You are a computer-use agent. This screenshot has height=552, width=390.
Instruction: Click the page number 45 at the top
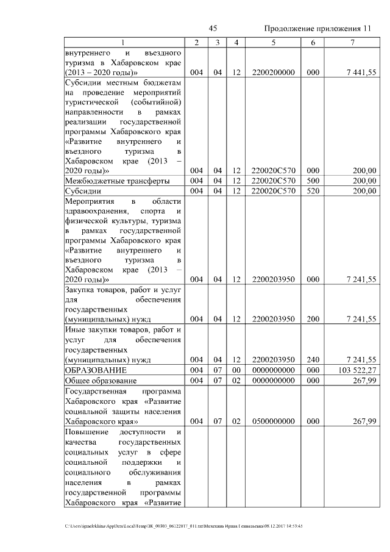point(213,29)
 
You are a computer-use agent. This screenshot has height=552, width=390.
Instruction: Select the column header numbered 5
point(273,42)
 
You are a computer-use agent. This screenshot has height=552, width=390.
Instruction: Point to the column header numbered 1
point(123,42)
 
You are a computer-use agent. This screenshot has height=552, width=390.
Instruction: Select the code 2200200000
point(273,73)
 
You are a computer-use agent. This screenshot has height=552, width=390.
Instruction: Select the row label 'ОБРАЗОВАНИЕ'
point(96,370)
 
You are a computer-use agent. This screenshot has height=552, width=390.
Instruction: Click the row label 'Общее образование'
point(101,381)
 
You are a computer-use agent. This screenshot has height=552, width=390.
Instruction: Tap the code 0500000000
point(273,421)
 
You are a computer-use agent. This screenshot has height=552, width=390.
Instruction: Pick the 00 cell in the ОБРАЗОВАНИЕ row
point(236,370)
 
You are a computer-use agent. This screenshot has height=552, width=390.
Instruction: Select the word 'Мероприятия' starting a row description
point(89,201)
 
